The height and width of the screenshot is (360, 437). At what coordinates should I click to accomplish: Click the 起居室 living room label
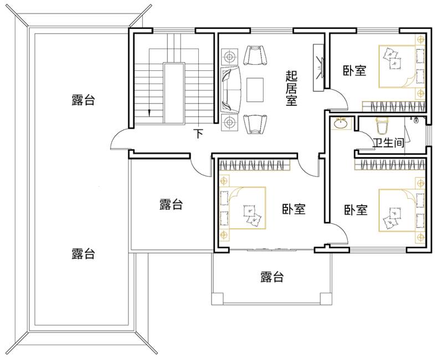(x=291, y=88)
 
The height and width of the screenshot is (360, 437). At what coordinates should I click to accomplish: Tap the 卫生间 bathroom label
(x=388, y=143)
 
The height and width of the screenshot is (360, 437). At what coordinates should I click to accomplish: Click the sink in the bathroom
(x=340, y=124)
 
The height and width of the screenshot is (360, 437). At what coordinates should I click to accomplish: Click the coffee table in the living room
(x=255, y=90)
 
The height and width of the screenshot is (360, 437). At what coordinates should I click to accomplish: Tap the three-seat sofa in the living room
(x=230, y=90)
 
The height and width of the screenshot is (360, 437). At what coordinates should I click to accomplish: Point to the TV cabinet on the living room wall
(x=318, y=68)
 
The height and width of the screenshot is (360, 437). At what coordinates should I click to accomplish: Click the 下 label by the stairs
(x=198, y=133)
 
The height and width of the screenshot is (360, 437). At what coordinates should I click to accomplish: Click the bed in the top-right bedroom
(x=398, y=66)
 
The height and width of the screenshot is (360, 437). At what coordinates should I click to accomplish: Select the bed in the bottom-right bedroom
(x=398, y=210)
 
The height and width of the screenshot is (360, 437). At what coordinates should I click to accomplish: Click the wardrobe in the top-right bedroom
(x=394, y=106)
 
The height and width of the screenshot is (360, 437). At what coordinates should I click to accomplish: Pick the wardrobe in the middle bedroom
(x=255, y=164)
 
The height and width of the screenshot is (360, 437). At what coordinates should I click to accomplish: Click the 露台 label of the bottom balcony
(x=272, y=277)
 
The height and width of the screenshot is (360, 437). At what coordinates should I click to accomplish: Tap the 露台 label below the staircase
(x=171, y=204)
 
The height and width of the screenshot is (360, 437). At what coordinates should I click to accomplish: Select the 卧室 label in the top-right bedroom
(x=354, y=70)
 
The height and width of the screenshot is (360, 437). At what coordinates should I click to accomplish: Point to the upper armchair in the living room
(x=255, y=55)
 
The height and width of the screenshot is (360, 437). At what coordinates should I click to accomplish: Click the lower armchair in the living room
(x=255, y=124)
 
